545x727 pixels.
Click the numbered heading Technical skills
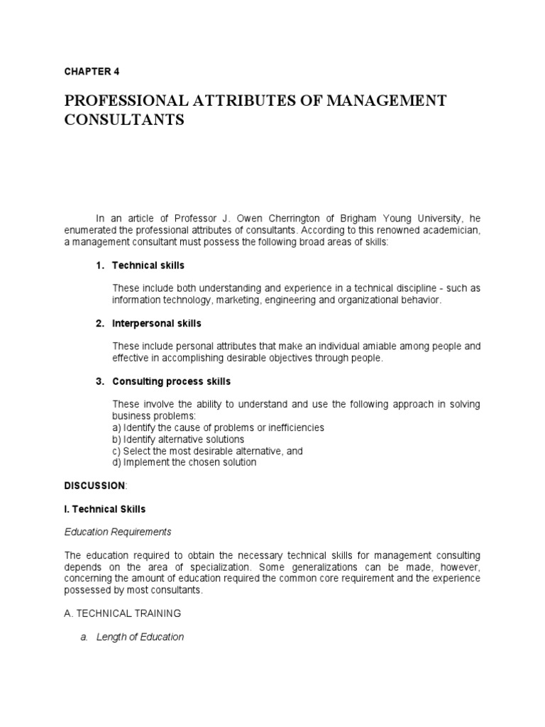pyautogui.click(x=148, y=265)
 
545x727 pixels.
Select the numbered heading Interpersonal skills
pyautogui.click(x=157, y=323)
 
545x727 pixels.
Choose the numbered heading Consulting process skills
pyautogui.click(x=171, y=381)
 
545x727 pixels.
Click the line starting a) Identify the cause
pyautogui.click(x=218, y=427)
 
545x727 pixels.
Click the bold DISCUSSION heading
pyautogui.click(x=94, y=485)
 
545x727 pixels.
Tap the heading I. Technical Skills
pyautogui.click(x=104, y=508)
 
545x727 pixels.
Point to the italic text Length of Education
pyautogui.click(x=148, y=637)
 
